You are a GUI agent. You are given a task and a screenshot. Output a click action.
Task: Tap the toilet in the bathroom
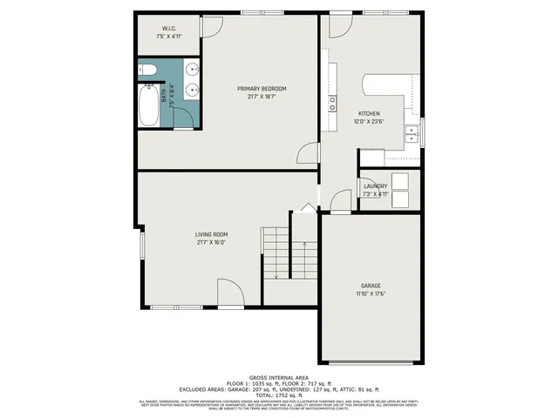(x=147, y=70)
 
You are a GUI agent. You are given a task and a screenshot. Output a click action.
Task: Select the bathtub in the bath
(x=150, y=105)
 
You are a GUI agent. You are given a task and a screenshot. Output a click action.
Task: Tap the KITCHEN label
(x=370, y=114)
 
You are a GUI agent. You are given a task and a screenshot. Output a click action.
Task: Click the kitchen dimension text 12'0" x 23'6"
(x=370, y=123)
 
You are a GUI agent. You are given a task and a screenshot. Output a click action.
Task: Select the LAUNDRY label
(x=375, y=185)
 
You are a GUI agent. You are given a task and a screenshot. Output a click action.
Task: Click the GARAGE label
(x=371, y=286)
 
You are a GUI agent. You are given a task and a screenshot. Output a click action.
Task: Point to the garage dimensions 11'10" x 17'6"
(x=371, y=294)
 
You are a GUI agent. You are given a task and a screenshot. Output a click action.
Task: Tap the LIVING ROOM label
(x=211, y=233)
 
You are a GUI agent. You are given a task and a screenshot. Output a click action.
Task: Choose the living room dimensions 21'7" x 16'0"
(x=211, y=242)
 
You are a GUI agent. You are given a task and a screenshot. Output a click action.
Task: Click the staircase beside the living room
(x=276, y=253)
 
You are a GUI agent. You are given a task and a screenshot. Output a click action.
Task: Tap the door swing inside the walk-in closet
(x=208, y=27)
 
